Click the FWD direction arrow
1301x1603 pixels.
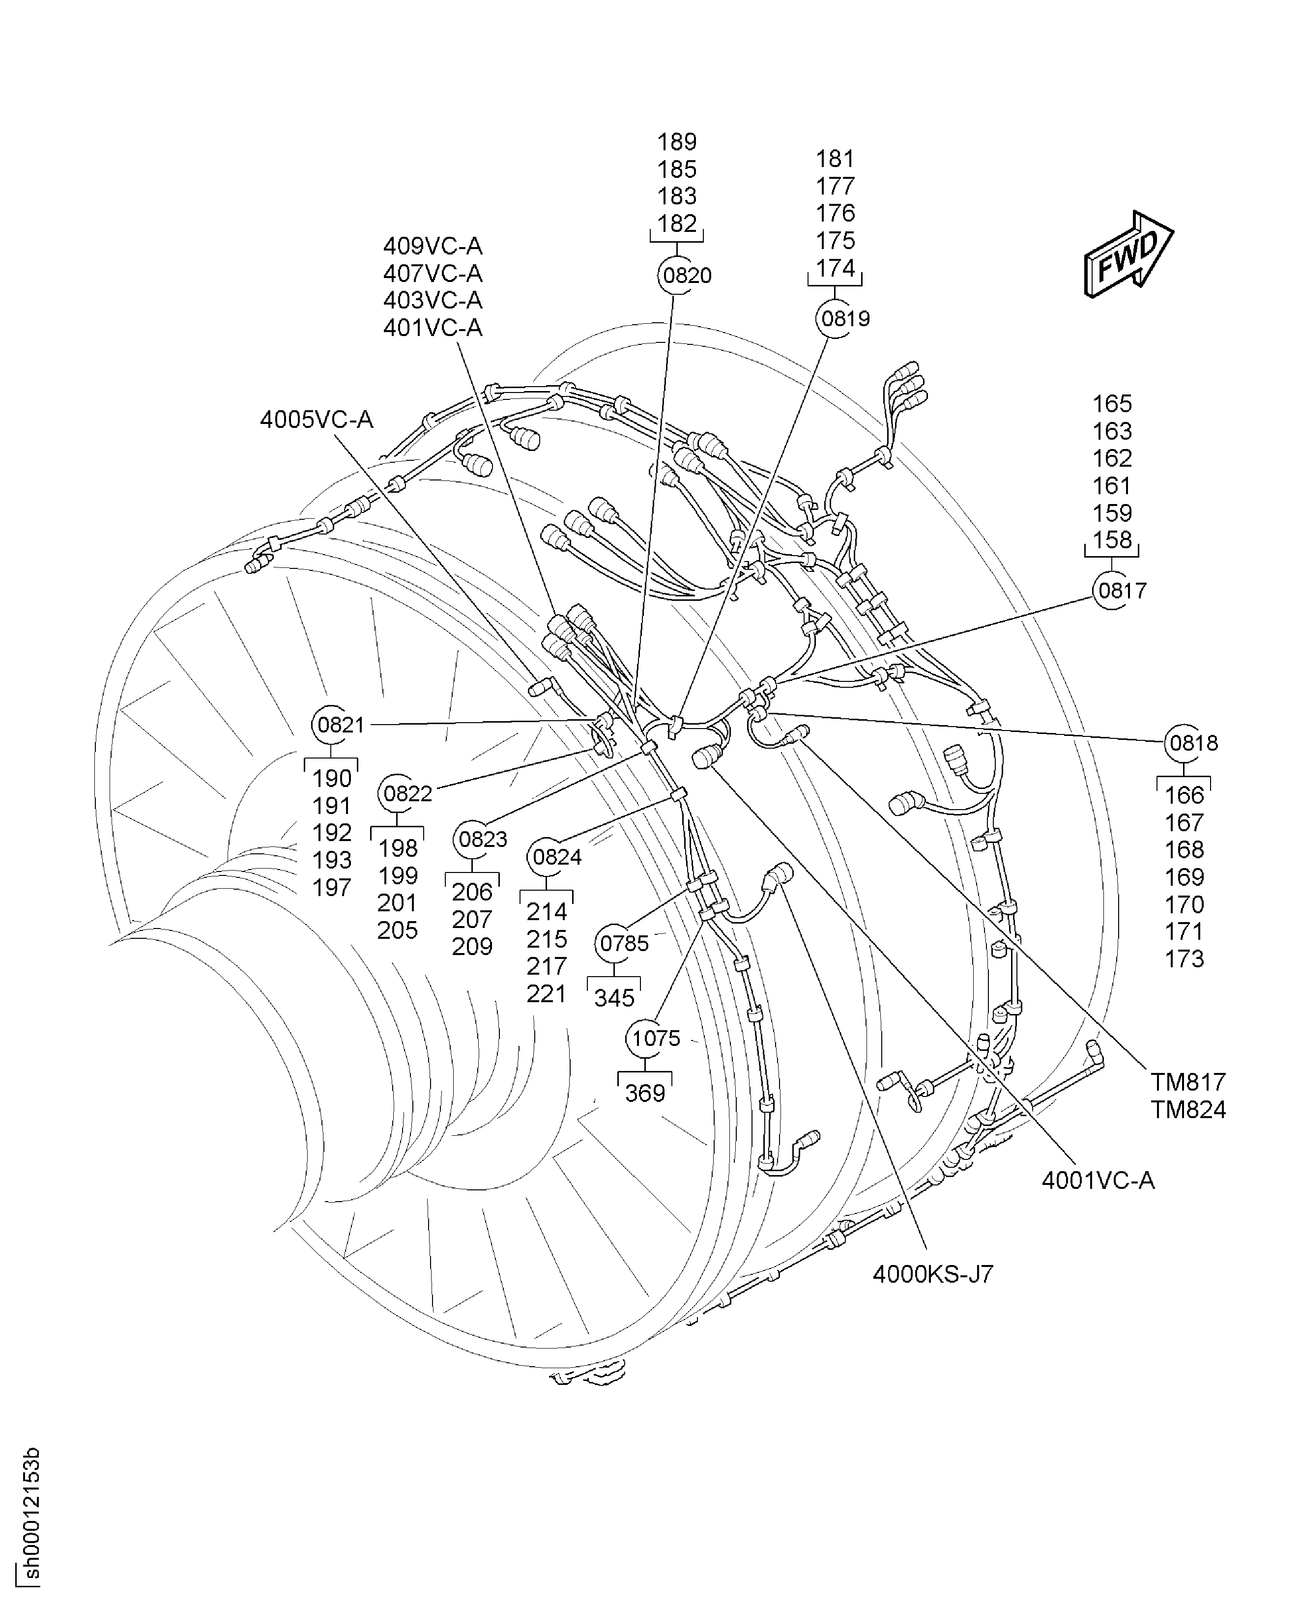(x=1128, y=254)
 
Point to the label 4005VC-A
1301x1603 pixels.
(x=316, y=420)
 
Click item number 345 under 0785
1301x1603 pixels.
(x=614, y=999)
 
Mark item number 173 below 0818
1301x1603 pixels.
(x=1184, y=959)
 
